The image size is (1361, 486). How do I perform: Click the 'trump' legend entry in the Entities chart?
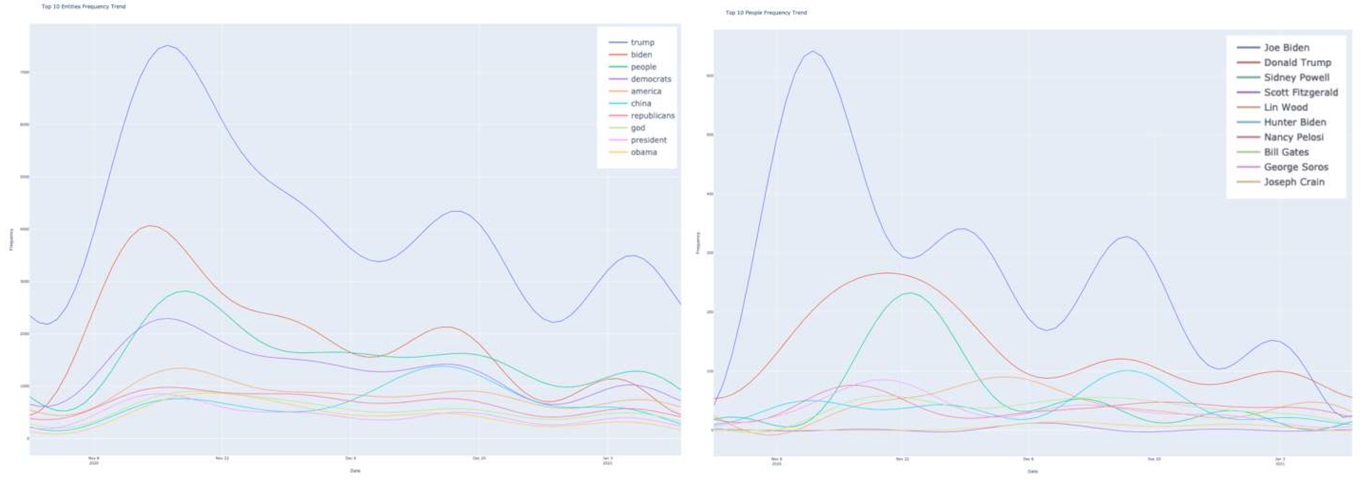[x=642, y=42]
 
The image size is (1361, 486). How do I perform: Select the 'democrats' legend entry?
[x=650, y=79]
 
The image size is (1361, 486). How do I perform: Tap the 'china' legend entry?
[x=641, y=103]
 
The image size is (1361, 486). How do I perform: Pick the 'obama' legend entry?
[x=643, y=152]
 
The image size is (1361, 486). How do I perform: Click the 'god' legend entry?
[x=638, y=128]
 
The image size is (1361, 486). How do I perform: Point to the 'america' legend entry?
[x=646, y=91]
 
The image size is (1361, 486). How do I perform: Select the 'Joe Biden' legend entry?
[x=1286, y=48]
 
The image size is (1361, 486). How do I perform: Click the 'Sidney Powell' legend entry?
[x=1296, y=77]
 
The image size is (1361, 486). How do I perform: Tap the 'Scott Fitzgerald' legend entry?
[x=1300, y=93]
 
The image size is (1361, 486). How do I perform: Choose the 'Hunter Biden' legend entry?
[x=1295, y=123]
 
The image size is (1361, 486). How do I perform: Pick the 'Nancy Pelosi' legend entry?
[x=1293, y=137]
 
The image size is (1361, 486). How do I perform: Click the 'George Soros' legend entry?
[x=1296, y=167]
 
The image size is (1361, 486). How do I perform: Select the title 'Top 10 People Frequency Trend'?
[x=766, y=13]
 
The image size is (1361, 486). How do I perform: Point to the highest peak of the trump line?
[x=168, y=45]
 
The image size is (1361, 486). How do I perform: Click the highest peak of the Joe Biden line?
[x=812, y=51]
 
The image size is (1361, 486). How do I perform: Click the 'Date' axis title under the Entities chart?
[x=355, y=471]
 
